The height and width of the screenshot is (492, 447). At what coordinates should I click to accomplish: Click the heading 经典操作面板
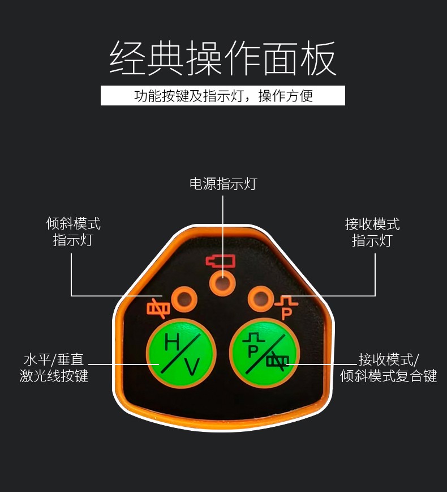[x=223, y=58]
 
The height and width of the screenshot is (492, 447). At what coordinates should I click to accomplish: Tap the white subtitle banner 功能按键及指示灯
[x=223, y=95]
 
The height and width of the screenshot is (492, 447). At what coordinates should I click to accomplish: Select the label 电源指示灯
[x=223, y=184]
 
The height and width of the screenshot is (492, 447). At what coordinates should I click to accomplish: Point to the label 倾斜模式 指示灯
[x=73, y=232]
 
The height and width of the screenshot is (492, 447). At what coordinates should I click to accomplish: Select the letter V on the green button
[x=193, y=367]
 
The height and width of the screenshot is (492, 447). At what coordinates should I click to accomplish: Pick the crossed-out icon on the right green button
[x=278, y=360]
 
